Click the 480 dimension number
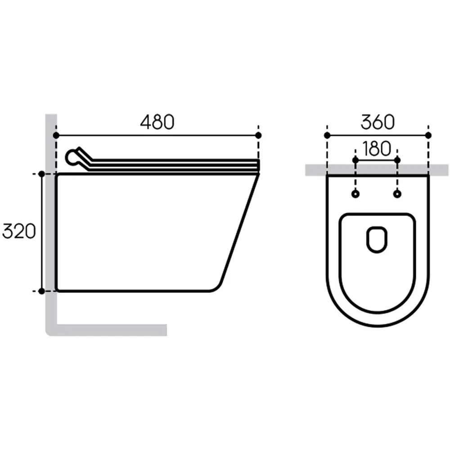coord(157,122)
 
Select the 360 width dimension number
coord(378,122)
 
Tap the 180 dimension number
coord(377,148)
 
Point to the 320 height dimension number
coord(19,231)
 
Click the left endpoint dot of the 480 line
coord(56,135)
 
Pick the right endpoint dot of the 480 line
coord(258,135)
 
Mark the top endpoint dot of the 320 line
coord(41,174)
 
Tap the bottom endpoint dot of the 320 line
coord(41,291)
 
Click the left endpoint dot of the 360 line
coord(327,135)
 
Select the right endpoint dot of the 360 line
coord(428,135)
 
